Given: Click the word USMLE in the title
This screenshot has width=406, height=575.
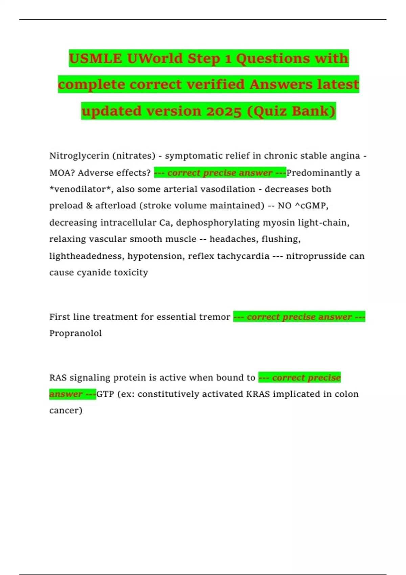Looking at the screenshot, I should click(x=95, y=59).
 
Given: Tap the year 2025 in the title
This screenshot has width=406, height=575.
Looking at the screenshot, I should click(x=222, y=111).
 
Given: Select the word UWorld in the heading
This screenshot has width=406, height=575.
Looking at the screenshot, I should click(x=155, y=59).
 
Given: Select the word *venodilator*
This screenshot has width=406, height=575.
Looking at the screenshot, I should click(x=81, y=189).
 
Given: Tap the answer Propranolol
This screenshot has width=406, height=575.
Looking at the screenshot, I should click(x=75, y=333).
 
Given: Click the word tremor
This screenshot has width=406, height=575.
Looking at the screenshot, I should click(x=216, y=317).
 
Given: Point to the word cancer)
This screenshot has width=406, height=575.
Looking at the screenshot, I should click(x=66, y=411).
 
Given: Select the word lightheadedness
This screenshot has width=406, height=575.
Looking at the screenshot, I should click(x=86, y=256).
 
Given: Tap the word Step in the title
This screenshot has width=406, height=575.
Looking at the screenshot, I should click(x=204, y=59).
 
